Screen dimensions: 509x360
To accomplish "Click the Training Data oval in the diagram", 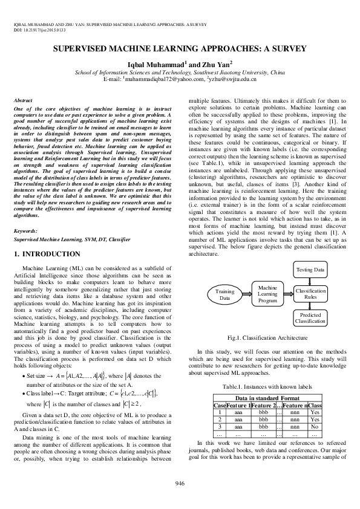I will (225, 294).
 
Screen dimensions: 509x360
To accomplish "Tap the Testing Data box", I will (310, 268).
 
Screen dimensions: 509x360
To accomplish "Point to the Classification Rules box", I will (310, 294).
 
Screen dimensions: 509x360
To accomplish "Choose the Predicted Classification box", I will (310, 318).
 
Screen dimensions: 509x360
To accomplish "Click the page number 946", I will (180, 482).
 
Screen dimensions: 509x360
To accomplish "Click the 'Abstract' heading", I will (23, 99).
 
